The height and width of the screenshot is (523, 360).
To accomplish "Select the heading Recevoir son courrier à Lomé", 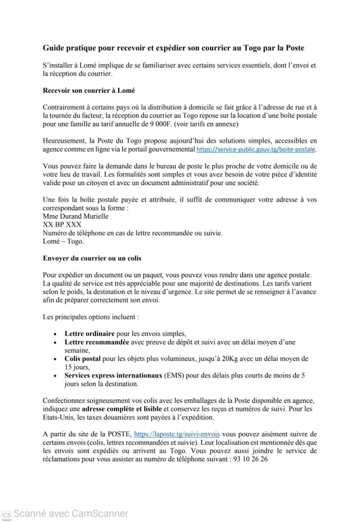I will pyautogui.click(x=89, y=91).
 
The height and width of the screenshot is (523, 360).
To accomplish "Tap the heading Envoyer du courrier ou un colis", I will pyautogui.click(x=92, y=258).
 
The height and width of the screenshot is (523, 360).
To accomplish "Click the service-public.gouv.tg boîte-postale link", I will pyautogui.click(x=257, y=149).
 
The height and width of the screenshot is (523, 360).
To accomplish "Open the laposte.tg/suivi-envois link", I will pyautogui.click(x=177, y=434).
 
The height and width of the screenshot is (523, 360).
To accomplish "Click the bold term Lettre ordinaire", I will pyautogui.click(x=89, y=333).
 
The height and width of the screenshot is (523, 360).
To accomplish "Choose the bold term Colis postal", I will pyautogui.click(x=82, y=359).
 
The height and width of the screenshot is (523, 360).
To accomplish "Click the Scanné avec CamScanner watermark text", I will pyautogui.click(x=71, y=514).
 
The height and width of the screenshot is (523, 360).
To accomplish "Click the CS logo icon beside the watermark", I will pyautogui.click(x=7, y=514).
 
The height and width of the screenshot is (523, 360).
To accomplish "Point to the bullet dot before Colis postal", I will pyautogui.click(x=54, y=360).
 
